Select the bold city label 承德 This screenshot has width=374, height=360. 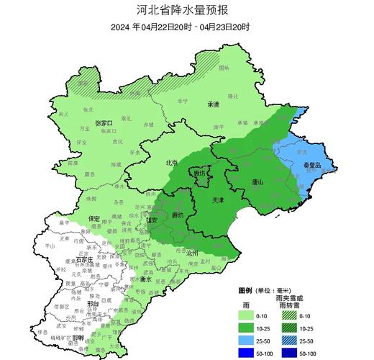tap(213, 104)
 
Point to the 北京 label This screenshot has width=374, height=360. tap(172, 163)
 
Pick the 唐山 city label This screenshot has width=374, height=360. tap(257, 182)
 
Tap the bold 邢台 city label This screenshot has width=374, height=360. tap(73, 305)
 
